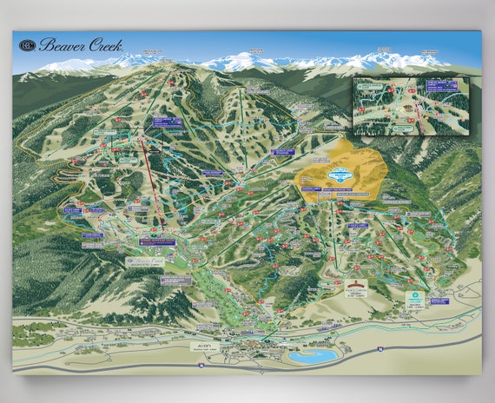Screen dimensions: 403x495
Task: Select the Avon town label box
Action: [202, 345]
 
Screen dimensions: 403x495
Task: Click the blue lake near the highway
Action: [313, 356]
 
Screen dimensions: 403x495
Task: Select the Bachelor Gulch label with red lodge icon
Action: [353, 287]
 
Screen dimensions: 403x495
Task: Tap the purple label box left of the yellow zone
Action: [280, 152]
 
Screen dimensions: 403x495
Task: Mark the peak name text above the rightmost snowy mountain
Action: [430, 52]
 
